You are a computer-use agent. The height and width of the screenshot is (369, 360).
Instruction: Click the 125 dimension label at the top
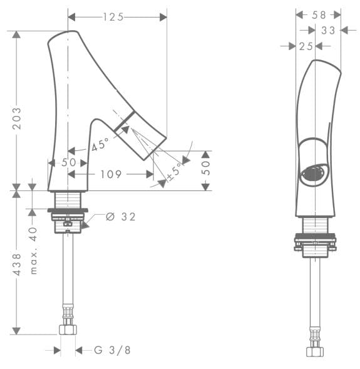pos(113,17)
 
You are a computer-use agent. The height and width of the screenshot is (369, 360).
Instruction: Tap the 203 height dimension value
pos(17,118)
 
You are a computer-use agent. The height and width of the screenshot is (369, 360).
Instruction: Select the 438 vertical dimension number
pos(17,264)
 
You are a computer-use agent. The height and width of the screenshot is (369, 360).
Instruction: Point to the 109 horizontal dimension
pos(111,174)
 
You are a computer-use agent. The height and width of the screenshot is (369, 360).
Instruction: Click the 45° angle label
pos(100,144)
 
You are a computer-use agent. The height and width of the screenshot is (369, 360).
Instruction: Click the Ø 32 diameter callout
pos(121,217)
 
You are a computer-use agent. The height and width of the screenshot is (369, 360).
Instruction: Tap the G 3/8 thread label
pos(113,350)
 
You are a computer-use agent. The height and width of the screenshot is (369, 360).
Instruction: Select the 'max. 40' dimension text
pos(34,251)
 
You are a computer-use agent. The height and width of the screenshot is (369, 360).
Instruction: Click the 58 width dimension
pos(319,15)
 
